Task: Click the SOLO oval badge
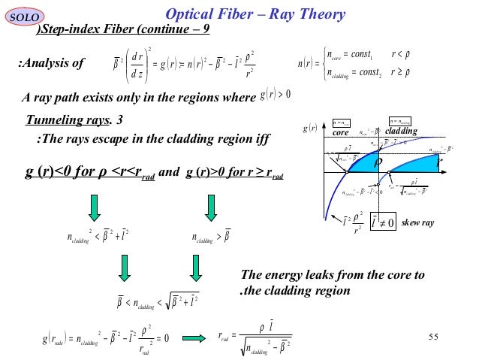pos(27,14)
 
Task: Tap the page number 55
pos(432,335)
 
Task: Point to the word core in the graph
pos(342,132)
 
